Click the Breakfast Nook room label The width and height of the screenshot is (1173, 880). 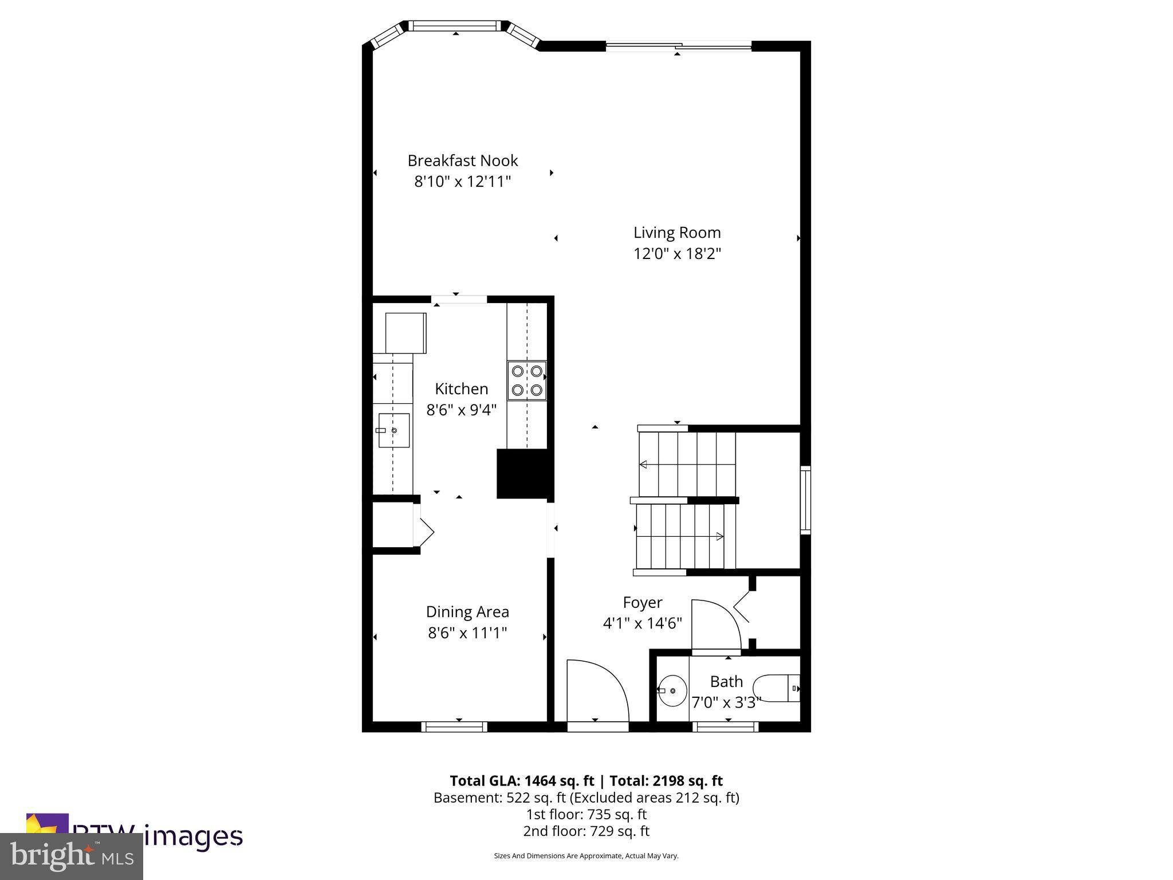point(462,160)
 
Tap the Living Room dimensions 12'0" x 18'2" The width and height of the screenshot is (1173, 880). point(676,254)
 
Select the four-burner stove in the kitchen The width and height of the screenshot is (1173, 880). point(527,380)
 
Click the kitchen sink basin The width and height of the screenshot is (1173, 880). point(394,430)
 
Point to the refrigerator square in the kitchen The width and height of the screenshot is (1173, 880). point(406,333)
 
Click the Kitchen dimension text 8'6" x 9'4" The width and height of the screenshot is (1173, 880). point(461,410)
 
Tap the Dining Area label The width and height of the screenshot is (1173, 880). point(467,612)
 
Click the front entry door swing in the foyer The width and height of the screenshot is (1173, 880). point(596,693)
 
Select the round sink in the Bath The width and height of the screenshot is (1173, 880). point(673,691)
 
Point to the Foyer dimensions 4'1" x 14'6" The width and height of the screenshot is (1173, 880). point(642,623)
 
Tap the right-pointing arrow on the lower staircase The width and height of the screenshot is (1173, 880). point(719,536)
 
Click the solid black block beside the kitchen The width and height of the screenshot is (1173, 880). point(523,474)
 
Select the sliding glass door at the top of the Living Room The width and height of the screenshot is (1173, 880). point(678,46)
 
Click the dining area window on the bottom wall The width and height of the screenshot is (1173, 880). point(454,727)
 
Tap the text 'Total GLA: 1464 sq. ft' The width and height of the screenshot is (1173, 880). point(522,781)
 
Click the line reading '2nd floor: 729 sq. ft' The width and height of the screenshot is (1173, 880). point(586,831)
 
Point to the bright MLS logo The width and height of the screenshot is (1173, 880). point(72,857)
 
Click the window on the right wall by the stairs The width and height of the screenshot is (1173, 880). point(805,500)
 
